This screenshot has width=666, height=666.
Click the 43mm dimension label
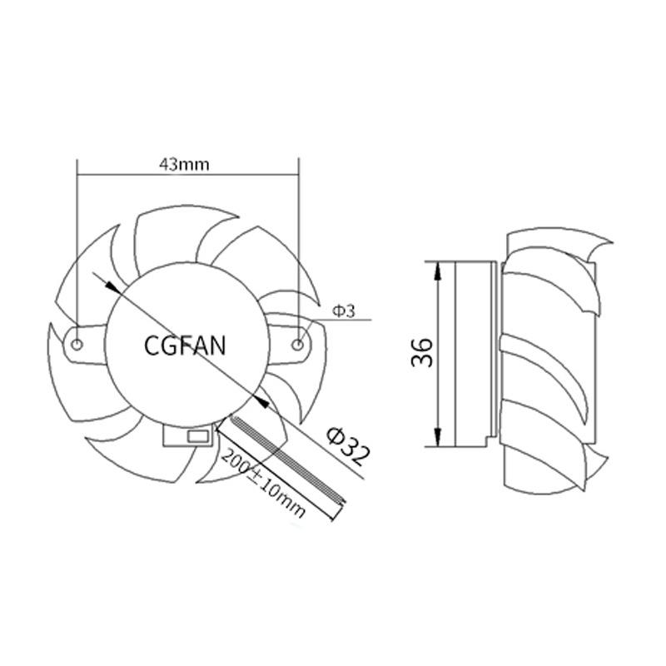pyautogui.click(x=184, y=164)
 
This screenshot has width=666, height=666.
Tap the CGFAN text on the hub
pyautogui.click(x=185, y=345)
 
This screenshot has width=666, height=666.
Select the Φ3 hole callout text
pyautogui.click(x=343, y=311)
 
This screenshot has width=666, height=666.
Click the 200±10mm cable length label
pyautogui.click(x=263, y=484)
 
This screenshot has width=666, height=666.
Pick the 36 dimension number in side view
pyautogui.click(x=422, y=352)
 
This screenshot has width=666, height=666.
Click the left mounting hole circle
pyautogui.click(x=77, y=345)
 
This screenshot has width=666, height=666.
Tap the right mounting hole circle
pyautogui.click(x=298, y=345)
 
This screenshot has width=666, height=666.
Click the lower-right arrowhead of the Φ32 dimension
pyautogui.click(x=261, y=400)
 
